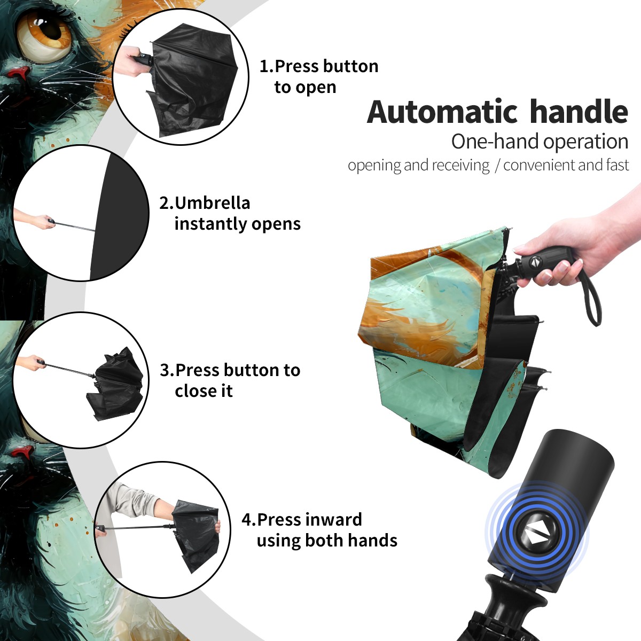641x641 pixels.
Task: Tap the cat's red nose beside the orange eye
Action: [21, 73]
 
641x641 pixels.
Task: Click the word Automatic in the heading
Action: [442, 112]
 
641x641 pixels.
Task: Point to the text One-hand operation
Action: [540, 142]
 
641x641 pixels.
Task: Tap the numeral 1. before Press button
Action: [266, 66]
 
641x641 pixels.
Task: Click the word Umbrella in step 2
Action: [212, 203]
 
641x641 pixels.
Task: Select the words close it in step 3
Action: [204, 390]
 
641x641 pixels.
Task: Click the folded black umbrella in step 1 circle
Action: [192, 80]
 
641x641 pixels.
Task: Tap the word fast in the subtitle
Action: [618, 165]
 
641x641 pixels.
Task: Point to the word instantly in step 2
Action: [211, 224]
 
